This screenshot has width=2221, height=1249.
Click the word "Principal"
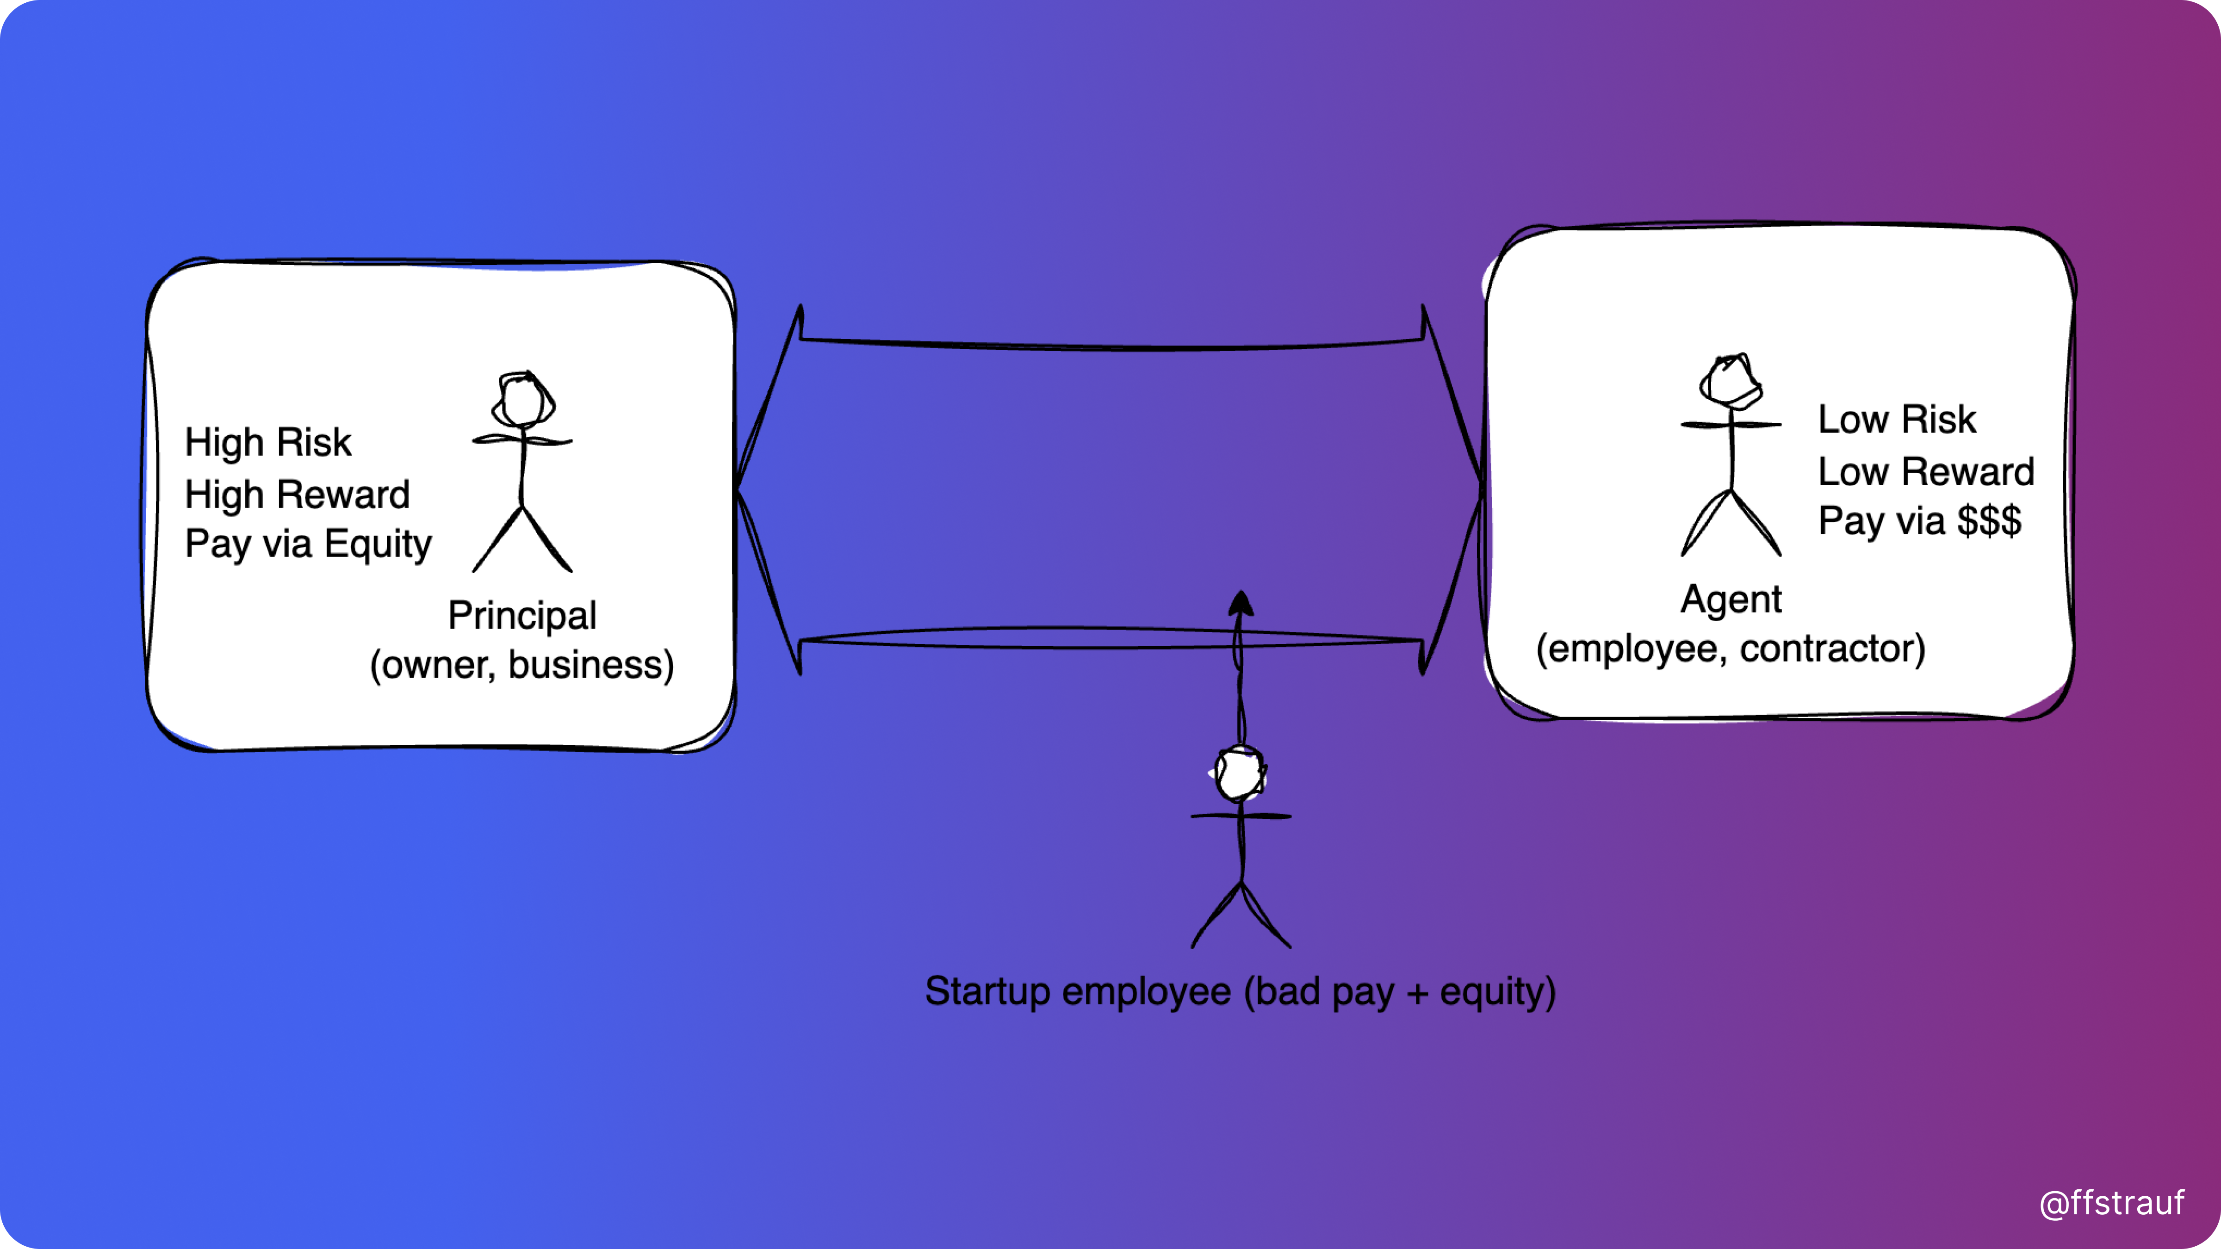[x=521, y=615]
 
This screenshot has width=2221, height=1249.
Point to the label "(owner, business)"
[x=521, y=665]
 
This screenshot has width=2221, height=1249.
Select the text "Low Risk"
[x=1897, y=420]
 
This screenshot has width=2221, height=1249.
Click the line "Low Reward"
[x=1926, y=471]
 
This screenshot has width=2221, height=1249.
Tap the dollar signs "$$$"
[x=1989, y=520]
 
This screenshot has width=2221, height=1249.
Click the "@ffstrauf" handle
[x=2111, y=1202]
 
